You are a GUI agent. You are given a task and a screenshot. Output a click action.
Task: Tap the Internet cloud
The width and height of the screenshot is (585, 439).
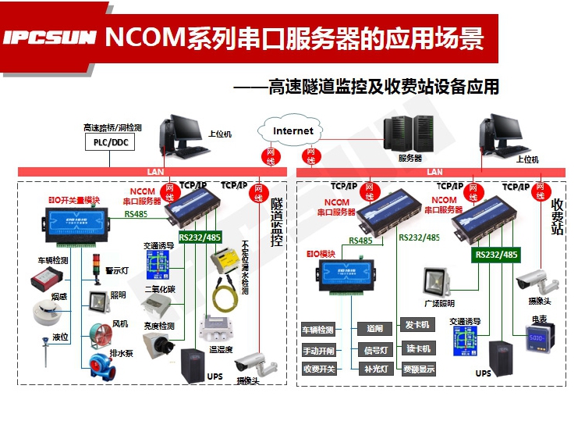click(292, 131)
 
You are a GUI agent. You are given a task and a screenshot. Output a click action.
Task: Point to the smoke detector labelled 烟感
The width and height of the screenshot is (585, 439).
click(46, 311)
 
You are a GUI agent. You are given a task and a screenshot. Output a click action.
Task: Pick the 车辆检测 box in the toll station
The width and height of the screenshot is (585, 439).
click(317, 330)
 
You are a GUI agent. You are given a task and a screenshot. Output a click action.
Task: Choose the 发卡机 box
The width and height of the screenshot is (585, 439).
click(416, 324)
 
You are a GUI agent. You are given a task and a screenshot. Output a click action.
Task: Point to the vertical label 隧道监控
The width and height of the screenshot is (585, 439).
click(276, 223)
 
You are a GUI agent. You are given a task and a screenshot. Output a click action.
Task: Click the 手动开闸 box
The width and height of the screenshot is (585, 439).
click(317, 350)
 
